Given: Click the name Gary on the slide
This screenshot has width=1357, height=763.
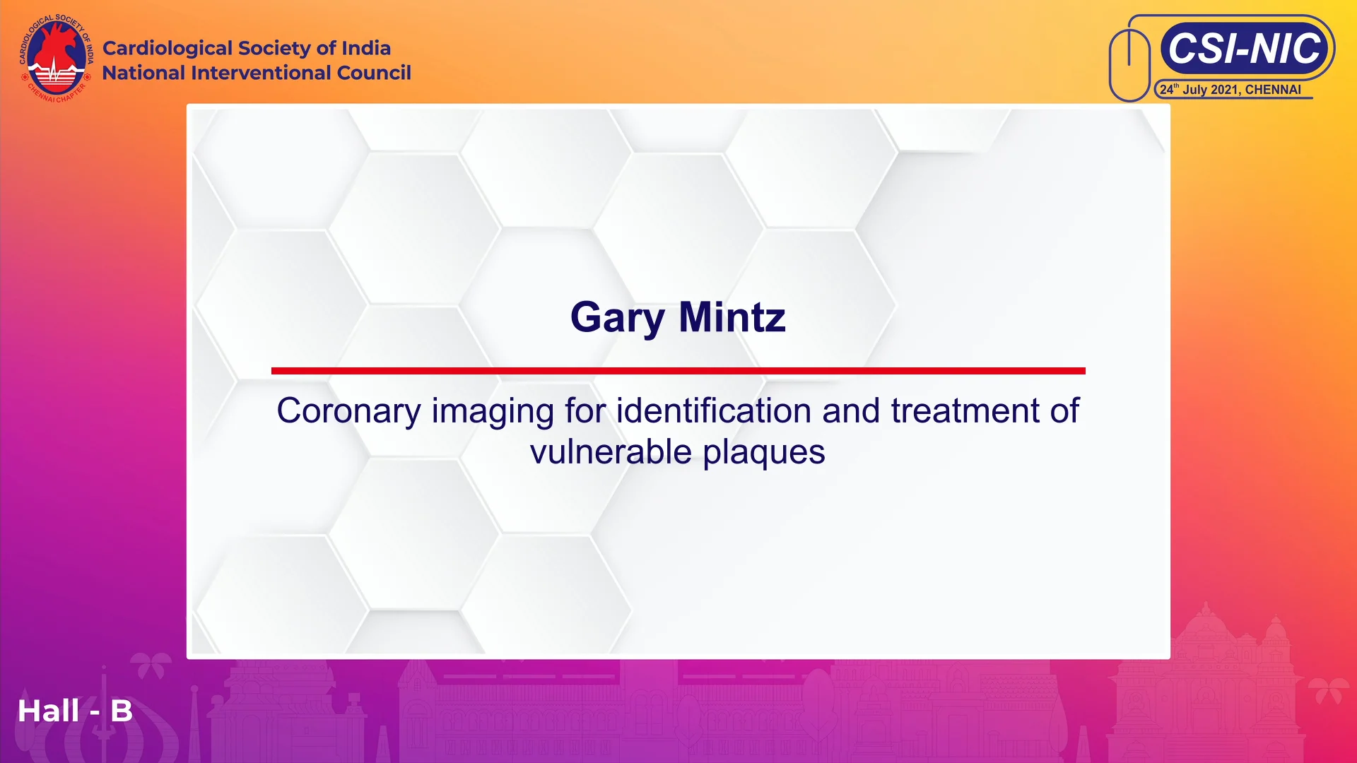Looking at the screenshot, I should [x=617, y=318].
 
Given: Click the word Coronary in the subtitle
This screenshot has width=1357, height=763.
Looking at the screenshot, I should [x=348, y=411].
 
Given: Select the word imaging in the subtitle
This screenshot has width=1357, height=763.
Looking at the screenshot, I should [x=493, y=411].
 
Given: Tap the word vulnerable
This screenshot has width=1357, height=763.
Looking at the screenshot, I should [x=611, y=452].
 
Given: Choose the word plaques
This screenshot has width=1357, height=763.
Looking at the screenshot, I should [x=764, y=452].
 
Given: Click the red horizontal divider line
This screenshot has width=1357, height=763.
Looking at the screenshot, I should [x=678, y=371].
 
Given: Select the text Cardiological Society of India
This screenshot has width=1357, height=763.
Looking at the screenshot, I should [x=246, y=48].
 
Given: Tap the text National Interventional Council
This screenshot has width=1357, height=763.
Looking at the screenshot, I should [x=256, y=73].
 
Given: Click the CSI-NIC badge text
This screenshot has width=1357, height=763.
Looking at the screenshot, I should [x=1244, y=48].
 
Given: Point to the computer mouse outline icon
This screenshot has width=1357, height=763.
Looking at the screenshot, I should [x=1129, y=65].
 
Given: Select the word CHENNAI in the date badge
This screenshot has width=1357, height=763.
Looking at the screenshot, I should [x=1273, y=90].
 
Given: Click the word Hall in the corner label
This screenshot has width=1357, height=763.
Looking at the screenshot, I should [x=48, y=711].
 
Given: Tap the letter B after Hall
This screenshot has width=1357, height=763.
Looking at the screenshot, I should [x=122, y=711].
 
